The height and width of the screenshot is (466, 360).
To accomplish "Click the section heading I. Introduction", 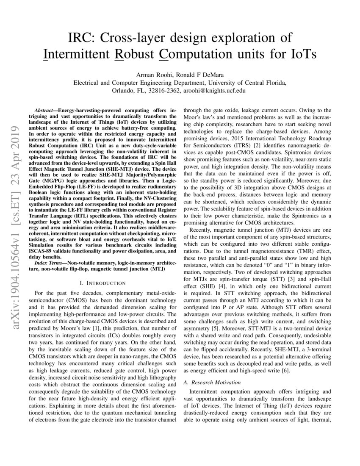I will click(x=102, y=283).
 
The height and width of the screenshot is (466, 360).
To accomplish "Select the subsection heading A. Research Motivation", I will click(x=212, y=382).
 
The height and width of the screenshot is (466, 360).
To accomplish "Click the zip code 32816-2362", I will click(x=163, y=90).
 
